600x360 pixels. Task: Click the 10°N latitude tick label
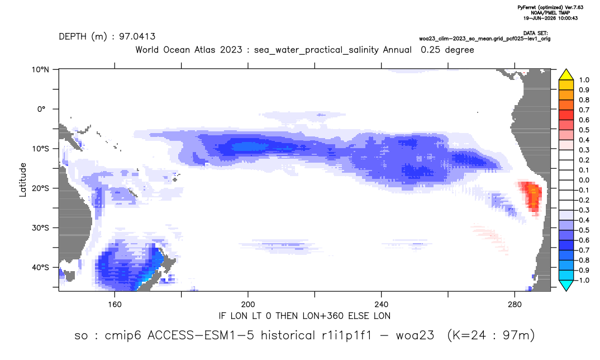pos(40,70)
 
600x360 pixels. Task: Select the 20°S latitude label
pos(40,188)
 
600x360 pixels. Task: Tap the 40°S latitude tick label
pos(40,267)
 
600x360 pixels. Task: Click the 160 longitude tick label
pos(115,305)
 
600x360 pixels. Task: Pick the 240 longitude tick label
pos(382,305)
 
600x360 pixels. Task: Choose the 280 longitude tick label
pos(515,305)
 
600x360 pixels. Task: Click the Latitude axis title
pos(23,180)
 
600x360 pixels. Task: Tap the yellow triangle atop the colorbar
pos(566,74)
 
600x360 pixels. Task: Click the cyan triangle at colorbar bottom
pos(566,285)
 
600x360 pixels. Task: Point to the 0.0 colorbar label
pos(584,181)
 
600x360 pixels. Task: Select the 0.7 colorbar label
pos(584,110)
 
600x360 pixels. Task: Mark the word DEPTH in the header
pos(73,37)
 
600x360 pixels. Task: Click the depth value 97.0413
pos(137,37)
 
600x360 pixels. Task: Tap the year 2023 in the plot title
pos(231,50)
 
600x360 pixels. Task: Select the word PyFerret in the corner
pos(529,8)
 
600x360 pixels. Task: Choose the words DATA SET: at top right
pos(535,34)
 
